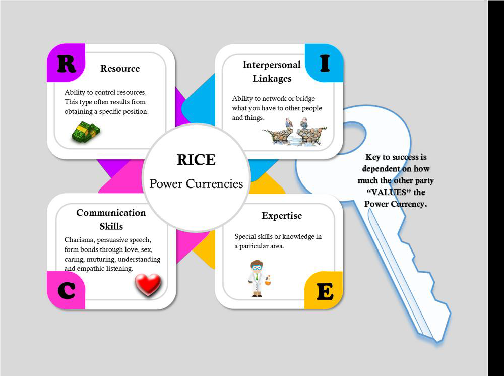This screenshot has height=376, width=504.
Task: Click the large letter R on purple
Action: click(66, 64)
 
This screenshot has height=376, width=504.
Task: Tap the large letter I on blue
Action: click(325, 63)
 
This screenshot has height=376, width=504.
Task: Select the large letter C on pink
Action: click(66, 291)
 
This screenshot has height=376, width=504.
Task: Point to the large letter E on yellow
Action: click(325, 291)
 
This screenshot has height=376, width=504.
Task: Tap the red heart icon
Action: click(148, 285)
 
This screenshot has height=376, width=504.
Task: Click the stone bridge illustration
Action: click(294, 133)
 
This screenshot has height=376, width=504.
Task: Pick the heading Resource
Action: click(120, 69)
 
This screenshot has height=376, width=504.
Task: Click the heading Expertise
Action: click(282, 216)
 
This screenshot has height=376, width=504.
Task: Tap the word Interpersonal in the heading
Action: click(272, 65)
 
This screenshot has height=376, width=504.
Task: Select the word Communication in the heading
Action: click(111, 213)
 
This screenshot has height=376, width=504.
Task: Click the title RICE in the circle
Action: click(196, 160)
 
